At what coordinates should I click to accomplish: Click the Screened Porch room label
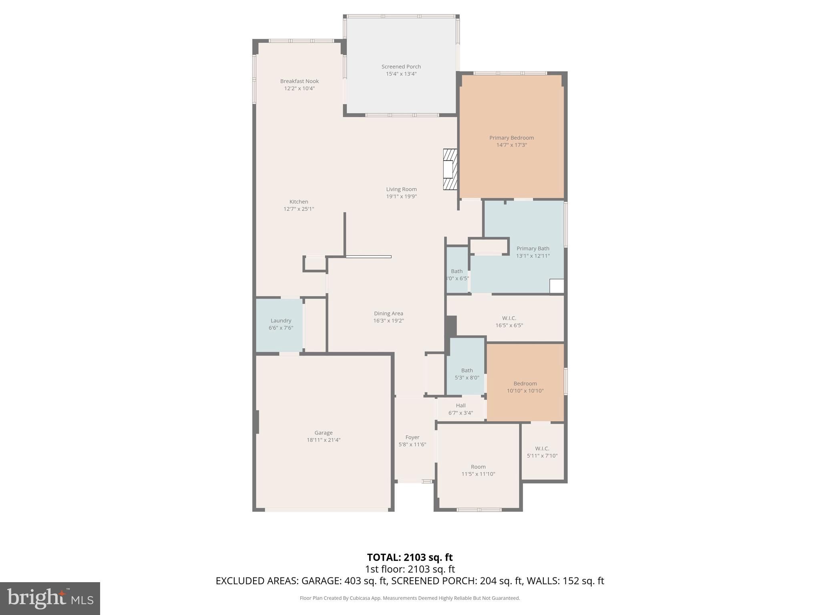(x=401, y=66)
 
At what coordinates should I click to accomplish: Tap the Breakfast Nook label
(x=299, y=81)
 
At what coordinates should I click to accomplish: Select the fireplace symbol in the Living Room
(x=450, y=169)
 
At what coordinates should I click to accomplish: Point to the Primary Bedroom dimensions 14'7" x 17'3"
(x=511, y=145)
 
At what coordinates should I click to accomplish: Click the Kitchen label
(x=299, y=202)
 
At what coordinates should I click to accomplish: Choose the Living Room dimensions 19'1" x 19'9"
(x=401, y=197)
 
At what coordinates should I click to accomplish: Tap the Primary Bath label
(x=533, y=249)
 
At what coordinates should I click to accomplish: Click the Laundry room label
(x=281, y=321)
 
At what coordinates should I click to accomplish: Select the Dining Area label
(x=388, y=314)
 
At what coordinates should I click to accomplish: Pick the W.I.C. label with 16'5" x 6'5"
(x=509, y=318)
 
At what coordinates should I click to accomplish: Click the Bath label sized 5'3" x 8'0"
(x=467, y=370)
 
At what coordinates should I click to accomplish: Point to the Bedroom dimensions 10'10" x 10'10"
(x=525, y=391)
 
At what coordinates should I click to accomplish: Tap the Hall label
(x=460, y=406)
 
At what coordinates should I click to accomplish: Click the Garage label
(x=323, y=433)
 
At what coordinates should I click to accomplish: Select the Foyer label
(x=412, y=438)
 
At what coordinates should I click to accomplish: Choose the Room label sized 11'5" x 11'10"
(x=478, y=467)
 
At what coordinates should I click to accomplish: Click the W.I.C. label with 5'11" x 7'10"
(x=542, y=448)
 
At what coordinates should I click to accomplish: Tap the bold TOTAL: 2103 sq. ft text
(x=410, y=557)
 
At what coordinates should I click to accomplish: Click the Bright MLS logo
(x=50, y=599)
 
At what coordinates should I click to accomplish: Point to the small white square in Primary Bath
(x=557, y=286)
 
